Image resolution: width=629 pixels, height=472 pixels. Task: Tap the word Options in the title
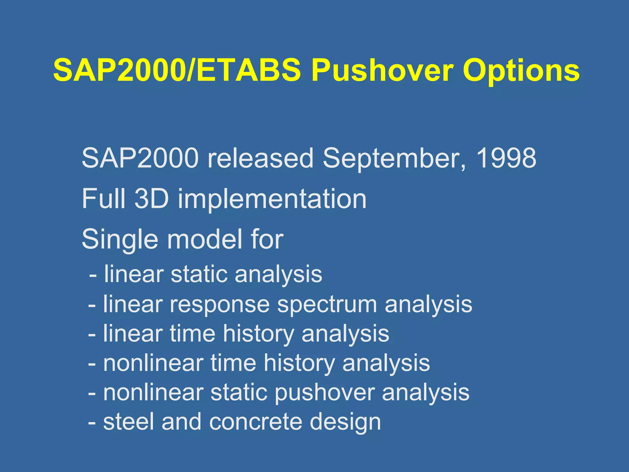click(x=521, y=71)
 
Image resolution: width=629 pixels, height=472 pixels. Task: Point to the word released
click(x=260, y=158)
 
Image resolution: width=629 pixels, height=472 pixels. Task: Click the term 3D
click(x=151, y=199)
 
